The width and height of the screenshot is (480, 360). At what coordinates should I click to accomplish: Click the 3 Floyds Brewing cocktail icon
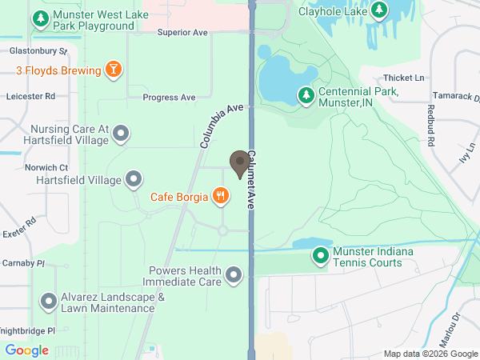click(x=114, y=70)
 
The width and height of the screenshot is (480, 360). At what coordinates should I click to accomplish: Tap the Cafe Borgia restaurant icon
click(x=220, y=195)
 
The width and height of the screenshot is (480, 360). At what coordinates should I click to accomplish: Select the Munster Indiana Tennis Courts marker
click(x=320, y=256)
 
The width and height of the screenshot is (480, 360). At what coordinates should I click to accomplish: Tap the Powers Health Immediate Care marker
click(x=234, y=276)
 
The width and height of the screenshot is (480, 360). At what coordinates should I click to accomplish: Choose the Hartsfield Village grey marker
click(x=134, y=179)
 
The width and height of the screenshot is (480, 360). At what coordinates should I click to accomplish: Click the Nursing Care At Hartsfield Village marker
click(x=121, y=134)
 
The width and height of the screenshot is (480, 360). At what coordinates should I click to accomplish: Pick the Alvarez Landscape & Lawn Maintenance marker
click(x=50, y=302)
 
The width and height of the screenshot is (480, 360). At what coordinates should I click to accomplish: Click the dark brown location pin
click(x=239, y=163)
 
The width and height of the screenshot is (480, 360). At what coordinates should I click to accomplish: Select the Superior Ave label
click(x=182, y=32)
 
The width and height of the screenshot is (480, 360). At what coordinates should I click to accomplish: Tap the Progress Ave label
click(x=169, y=98)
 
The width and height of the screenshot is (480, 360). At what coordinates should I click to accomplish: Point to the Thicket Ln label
click(x=403, y=78)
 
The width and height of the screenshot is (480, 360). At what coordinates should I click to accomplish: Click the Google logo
click(x=26, y=350)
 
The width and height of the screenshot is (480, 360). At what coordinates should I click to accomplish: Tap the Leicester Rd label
click(x=30, y=95)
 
